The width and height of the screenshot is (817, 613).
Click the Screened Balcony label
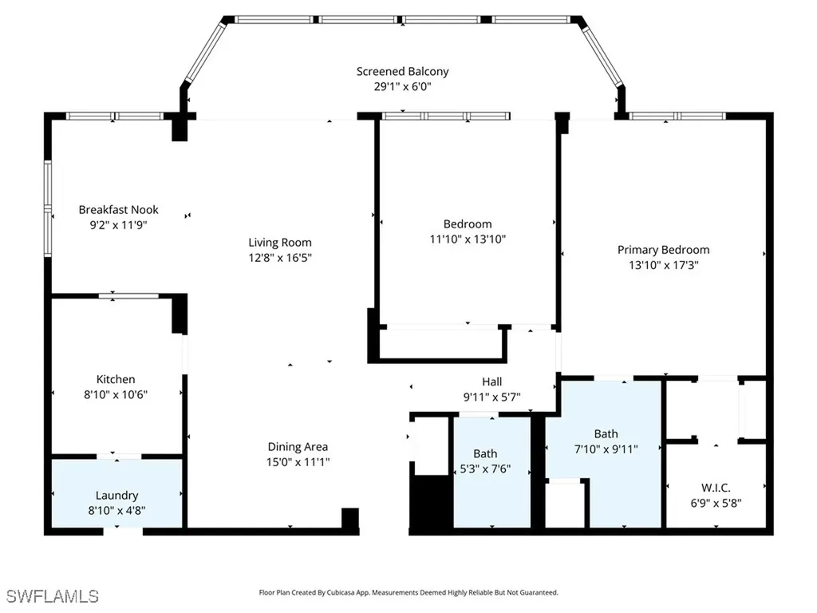pyautogui.click(x=402, y=71)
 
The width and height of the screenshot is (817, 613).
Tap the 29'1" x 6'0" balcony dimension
pyautogui.click(x=402, y=86)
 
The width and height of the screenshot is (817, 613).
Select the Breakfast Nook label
pyautogui.click(x=118, y=210)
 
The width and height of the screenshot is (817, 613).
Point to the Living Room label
pyautogui.click(x=280, y=243)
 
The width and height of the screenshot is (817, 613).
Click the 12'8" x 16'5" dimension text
pyautogui.click(x=280, y=258)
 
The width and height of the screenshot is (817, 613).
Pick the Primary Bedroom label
pyautogui.click(x=663, y=250)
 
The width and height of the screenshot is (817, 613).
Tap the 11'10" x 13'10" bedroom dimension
pyautogui.click(x=468, y=239)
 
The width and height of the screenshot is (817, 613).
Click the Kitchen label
pyautogui.click(x=116, y=379)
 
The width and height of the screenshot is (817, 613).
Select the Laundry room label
pyautogui.click(x=116, y=496)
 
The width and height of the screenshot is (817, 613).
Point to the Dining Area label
pyautogui.click(x=298, y=447)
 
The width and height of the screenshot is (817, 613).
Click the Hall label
pyautogui.click(x=491, y=382)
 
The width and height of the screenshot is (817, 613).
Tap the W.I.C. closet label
pyautogui.click(x=716, y=488)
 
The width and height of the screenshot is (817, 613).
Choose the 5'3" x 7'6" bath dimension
pyautogui.click(x=485, y=469)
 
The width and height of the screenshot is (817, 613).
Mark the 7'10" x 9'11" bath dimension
pyautogui.click(x=606, y=449)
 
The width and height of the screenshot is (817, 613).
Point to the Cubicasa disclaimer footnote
pyautogui.click(x=408, y=593)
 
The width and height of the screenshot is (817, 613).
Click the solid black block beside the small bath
pyautogui.click(x=431, y=501)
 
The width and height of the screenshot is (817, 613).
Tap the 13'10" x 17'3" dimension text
pyautogui.click(x=663, y=265)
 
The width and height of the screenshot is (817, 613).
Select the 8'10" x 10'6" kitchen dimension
pyautogui.click(x=116, y=394)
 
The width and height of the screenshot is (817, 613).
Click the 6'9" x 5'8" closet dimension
pyautogui.click(x=716, y=503)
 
